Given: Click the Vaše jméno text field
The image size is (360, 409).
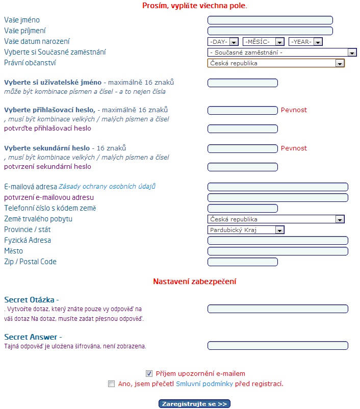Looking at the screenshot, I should pyautogui.click(x=270, y=20).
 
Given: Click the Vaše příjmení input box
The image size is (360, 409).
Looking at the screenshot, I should pyautogui.click(x=270, y=31).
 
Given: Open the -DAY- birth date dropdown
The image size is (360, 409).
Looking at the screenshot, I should pyautogui.click(x=223, y=42).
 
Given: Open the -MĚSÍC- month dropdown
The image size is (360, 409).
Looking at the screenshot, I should pyautogui.click(x=264, y=42).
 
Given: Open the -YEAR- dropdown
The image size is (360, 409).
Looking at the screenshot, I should pyautogui.click(x=305, y=42).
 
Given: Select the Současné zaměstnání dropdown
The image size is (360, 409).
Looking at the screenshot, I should pyautogui.click(x=281, y=53).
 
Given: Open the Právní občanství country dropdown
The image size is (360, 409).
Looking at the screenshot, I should pyautogui.click(x=276, y=63).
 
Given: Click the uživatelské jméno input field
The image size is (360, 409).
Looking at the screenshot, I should pyautogui.click(x=242, y=83).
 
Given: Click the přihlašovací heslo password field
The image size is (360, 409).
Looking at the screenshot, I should pyautogui.click(x=242, y=110).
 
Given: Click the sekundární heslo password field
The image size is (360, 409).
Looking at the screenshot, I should pyautogui.click(x=242, y=148).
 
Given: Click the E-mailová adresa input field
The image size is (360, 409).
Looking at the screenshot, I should pyautogui.click(x=277, y=187).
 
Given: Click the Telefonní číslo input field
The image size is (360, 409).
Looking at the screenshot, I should pyautogui.click(x=242, y=208).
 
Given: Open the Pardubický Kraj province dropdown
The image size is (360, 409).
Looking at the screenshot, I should pyautogui.click(x=246, y=230).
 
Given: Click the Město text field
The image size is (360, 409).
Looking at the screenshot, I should pyautogui.click(x=277, y=251).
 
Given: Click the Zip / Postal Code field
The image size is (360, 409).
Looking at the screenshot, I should pyautogui.click(x=242, y=262).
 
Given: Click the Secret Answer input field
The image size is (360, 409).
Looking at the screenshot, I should pyautogui.click(x=277, y=346).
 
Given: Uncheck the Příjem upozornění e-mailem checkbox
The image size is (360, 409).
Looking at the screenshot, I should pyautogui.click(x=149, y=373).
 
